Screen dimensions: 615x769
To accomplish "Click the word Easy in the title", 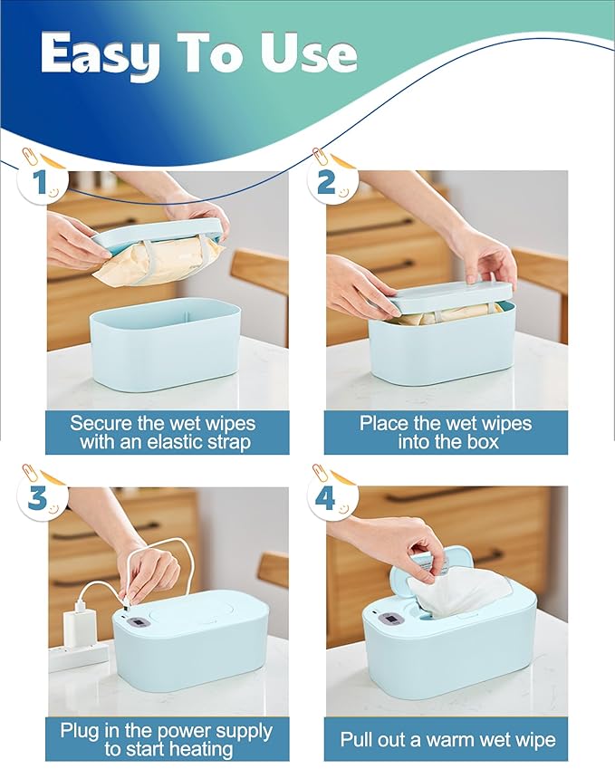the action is tap(101, 54).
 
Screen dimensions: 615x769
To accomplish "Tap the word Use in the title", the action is tap(309, 53).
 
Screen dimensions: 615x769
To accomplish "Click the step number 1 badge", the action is tap(41, 180).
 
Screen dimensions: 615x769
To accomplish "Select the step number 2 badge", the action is tap(331, 180).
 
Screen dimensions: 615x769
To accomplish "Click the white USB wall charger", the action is tap(78, 620).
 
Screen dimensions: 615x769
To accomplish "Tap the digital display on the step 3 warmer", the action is tap(139, 623).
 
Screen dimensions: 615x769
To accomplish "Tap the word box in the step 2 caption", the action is tap(483, 442).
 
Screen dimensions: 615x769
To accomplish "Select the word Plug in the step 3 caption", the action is tap(80, 732).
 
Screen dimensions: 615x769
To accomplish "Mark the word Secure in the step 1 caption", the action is tap(101, 423).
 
